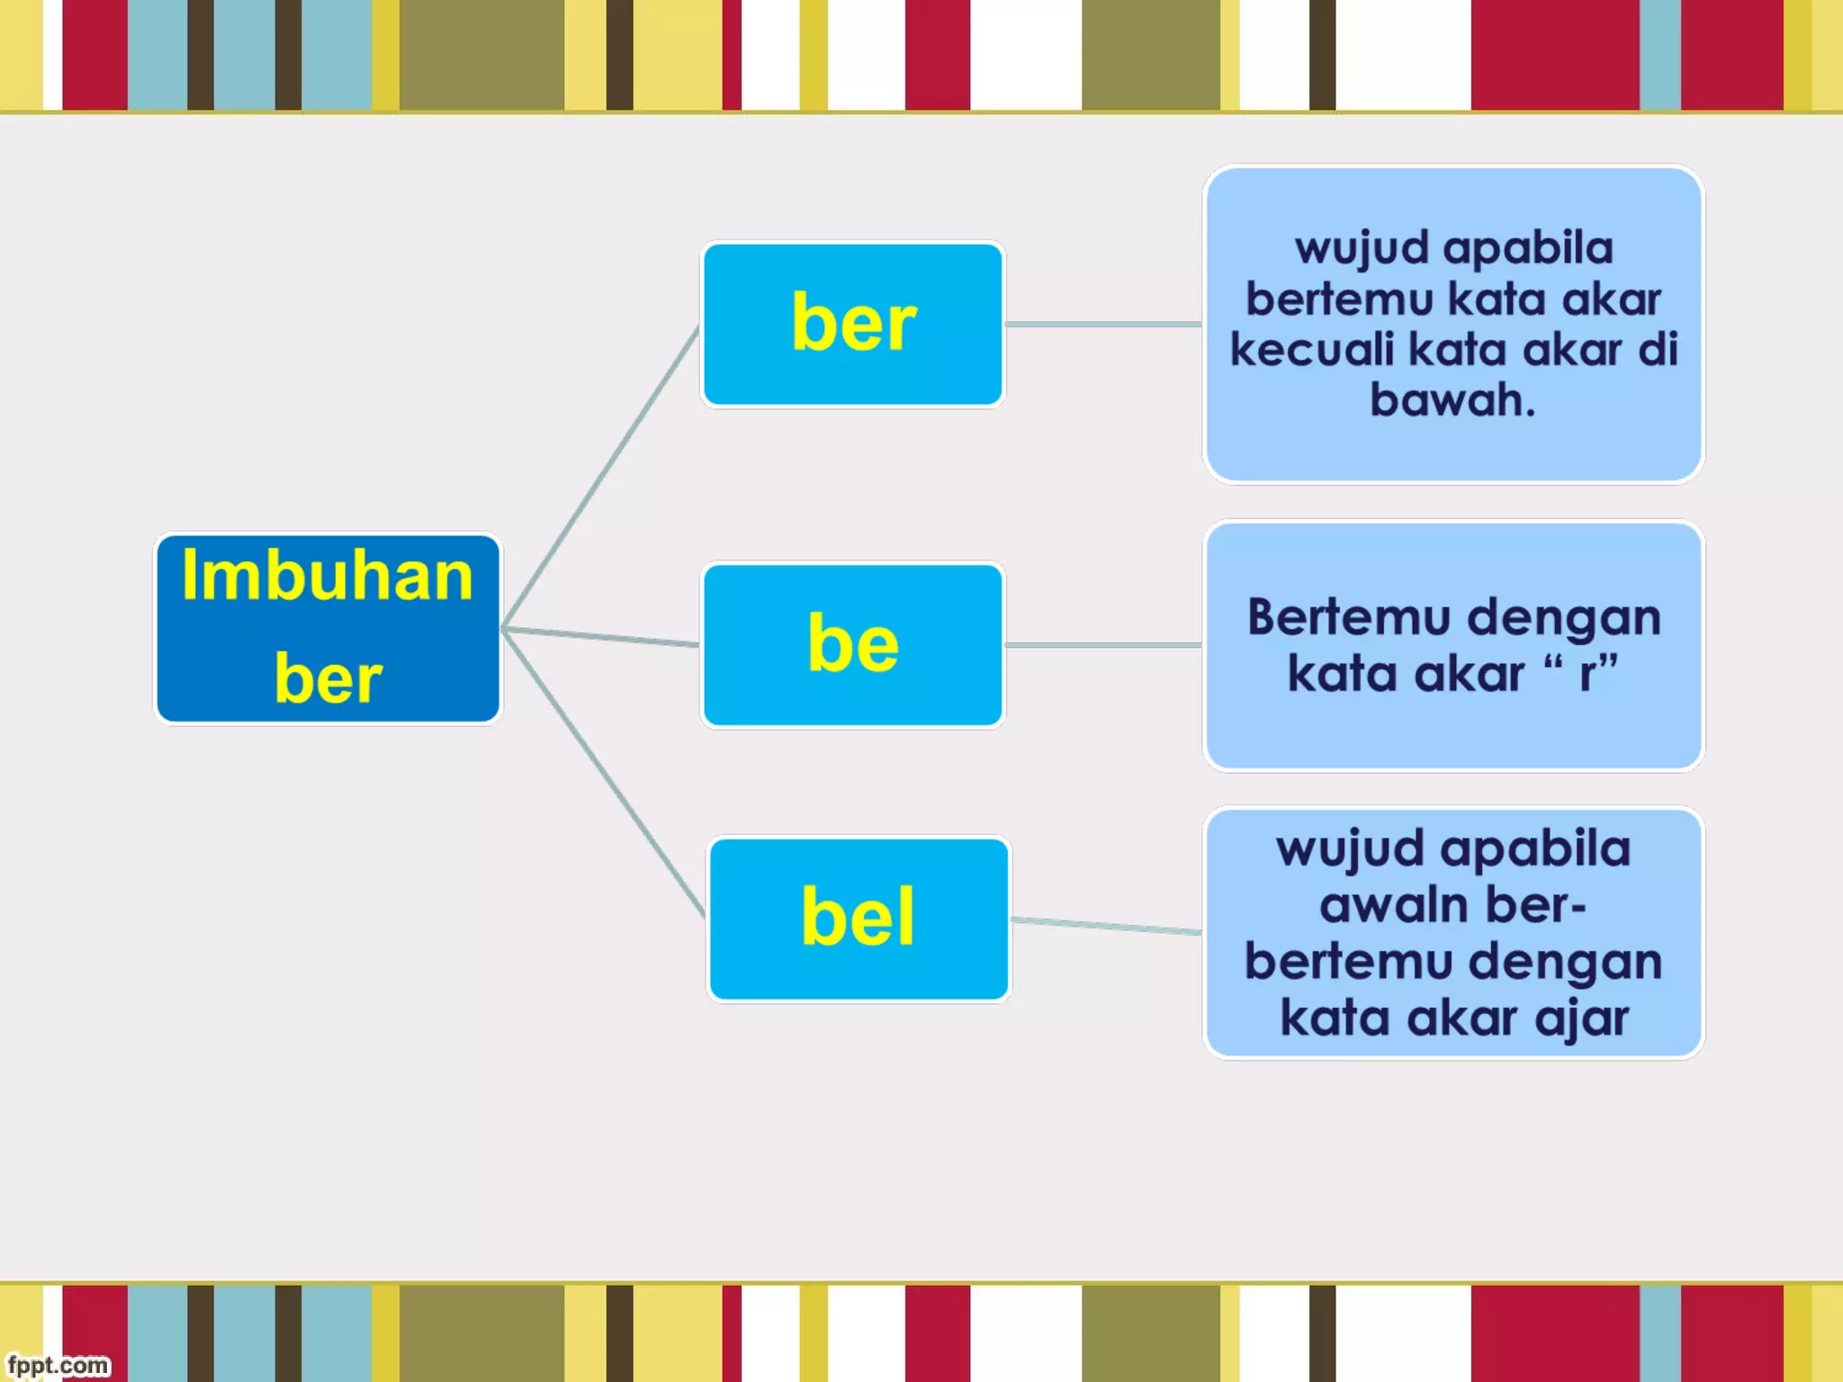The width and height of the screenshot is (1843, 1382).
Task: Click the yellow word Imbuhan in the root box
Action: click(x=328, y=577)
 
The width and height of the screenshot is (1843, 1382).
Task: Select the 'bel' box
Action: click(x=859, y=919)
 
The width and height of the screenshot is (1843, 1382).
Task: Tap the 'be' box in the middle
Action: click(x=853, y=644)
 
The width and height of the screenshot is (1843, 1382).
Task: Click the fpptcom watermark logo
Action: click(x=58, y=1365)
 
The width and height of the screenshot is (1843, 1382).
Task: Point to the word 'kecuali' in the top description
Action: click(x=1312, y=350)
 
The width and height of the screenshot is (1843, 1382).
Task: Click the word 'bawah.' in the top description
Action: click(x=1452, y=400)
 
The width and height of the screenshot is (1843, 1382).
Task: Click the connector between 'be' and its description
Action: click(x=1104, y=645)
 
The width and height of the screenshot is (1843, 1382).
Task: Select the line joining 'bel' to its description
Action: click(x=1107, y=926)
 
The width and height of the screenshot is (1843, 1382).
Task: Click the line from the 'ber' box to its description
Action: click(x=1104, y=324)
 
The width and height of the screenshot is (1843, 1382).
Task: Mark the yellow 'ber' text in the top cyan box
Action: click(x=853, y=324)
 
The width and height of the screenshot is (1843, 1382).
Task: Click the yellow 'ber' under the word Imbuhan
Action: click(x=328, y=678)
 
